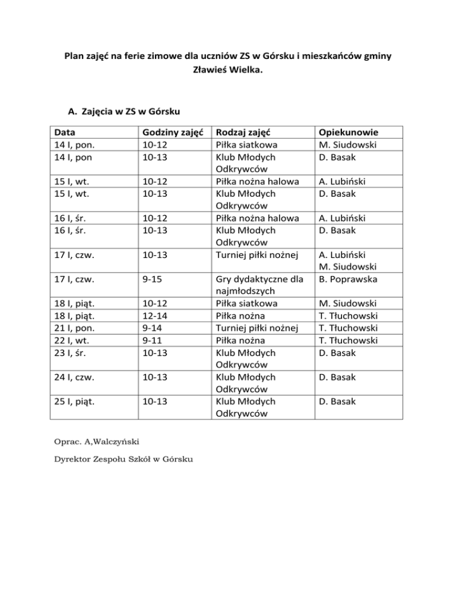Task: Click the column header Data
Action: [65, 133]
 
